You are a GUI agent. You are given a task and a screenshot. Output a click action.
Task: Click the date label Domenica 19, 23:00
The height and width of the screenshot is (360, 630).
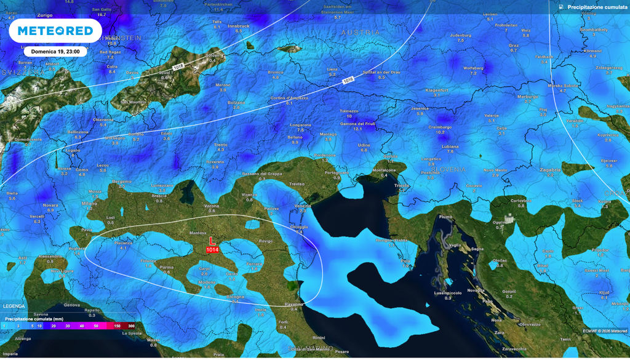point(55,52)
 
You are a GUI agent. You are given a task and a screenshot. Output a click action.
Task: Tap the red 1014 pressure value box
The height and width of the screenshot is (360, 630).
point(212,250)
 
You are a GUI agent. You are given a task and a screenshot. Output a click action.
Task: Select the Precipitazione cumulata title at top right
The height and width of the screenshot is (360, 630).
point(593,7)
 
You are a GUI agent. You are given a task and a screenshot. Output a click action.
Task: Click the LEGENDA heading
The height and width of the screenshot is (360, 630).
point(14,306)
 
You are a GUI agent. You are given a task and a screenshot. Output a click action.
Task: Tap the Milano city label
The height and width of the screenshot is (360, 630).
point(89,202)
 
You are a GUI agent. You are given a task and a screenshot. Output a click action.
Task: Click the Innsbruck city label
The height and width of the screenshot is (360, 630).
point(239,26)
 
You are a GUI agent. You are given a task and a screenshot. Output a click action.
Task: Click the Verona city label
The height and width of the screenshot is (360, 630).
point(212,205)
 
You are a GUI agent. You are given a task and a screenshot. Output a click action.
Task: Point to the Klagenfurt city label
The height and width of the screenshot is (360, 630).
point(436,90)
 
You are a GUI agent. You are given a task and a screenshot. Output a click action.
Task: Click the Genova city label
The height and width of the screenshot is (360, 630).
point(72,305)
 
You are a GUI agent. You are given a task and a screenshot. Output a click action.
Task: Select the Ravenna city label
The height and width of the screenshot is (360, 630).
point(294,304)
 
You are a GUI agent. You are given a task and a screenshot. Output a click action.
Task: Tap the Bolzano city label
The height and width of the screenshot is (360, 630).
point(236,102)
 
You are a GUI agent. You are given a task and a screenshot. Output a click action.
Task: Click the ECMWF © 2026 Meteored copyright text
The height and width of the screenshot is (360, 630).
point(604,331)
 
